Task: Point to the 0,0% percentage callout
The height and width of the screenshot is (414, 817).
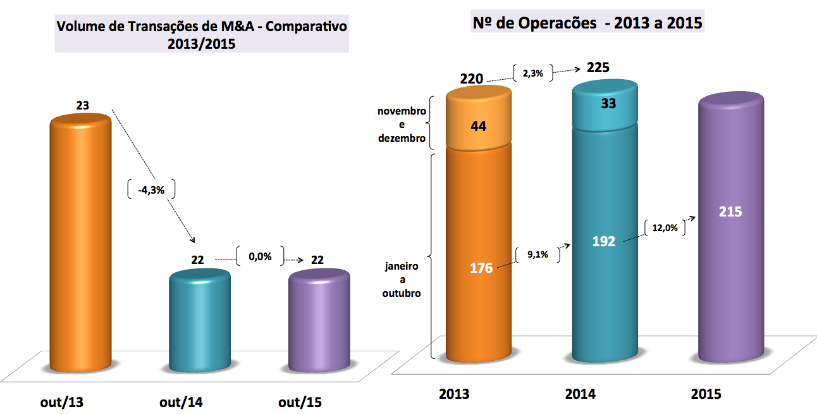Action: click(259, 257)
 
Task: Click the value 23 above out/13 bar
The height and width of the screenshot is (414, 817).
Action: click(82, 106)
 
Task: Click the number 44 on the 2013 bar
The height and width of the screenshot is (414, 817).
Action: click(478, 125)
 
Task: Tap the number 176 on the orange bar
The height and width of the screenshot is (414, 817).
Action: click(480, 267)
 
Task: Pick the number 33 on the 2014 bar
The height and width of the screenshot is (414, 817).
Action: click(608, 104)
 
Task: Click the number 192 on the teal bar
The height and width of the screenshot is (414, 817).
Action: click(604, 241)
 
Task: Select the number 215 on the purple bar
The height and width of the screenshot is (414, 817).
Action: click(730, 212)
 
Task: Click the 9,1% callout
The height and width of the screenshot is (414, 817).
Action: click(537, 255)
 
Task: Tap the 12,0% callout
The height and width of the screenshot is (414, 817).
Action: click(665, 229)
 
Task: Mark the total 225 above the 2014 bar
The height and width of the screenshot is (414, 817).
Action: click(598, 67)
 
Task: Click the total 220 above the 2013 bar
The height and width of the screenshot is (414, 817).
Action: click(471, 79)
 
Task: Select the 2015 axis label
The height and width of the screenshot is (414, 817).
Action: click(706, 394)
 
